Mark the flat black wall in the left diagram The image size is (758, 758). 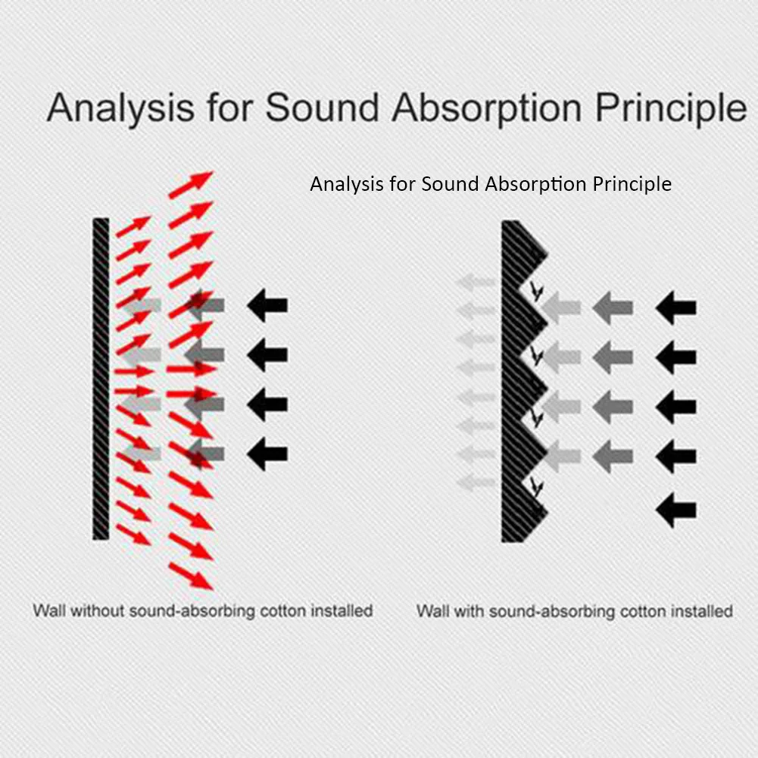101,379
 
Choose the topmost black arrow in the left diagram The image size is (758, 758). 267,305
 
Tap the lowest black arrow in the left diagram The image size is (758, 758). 267,454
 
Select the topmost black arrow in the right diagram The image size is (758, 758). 675,308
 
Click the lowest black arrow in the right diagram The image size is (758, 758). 675,510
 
